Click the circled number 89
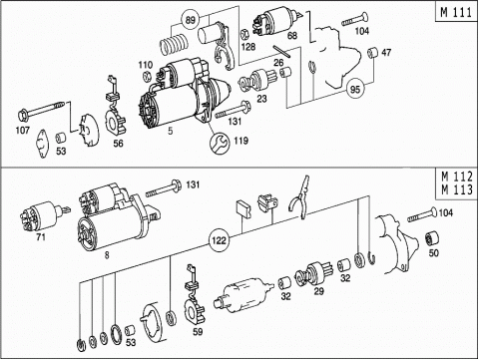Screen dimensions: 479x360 pos(190,20)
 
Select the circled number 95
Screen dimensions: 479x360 pos(355,89)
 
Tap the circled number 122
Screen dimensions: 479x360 pos(219,240)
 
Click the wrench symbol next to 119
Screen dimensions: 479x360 pos(219,142)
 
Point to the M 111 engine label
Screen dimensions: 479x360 pos(456,12)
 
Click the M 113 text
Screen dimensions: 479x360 pos(457,189)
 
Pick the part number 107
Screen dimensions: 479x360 pos(23,130)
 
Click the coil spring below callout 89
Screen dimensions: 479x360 pos(173,44)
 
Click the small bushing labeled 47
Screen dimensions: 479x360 pos(372,53)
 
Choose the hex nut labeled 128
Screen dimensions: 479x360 pos(244,34)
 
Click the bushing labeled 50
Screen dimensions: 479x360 pos(432,239)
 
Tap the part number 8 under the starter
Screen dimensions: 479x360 pos(107,255)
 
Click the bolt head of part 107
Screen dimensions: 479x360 pos(23,115)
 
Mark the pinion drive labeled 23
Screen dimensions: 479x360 pos(257,81)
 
